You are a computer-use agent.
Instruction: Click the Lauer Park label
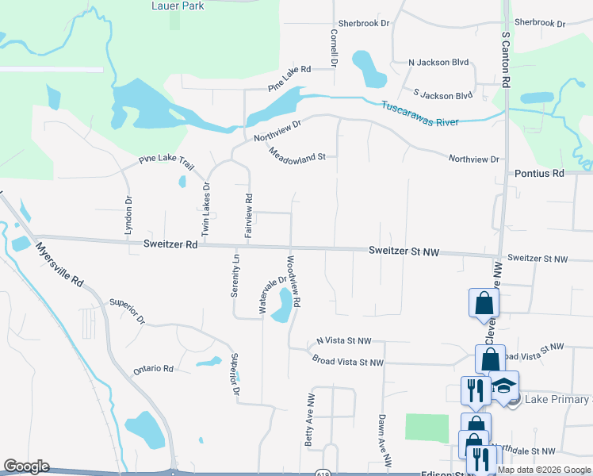177,6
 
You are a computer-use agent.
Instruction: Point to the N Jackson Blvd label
439,62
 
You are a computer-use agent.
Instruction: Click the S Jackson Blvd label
438,95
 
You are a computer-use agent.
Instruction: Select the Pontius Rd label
538,173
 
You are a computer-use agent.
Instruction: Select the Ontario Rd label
153,369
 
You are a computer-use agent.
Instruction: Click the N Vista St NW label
343,340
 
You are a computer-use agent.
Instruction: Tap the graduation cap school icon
503,386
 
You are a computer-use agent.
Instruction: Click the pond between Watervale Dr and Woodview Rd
281,306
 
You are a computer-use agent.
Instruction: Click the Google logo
26,466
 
